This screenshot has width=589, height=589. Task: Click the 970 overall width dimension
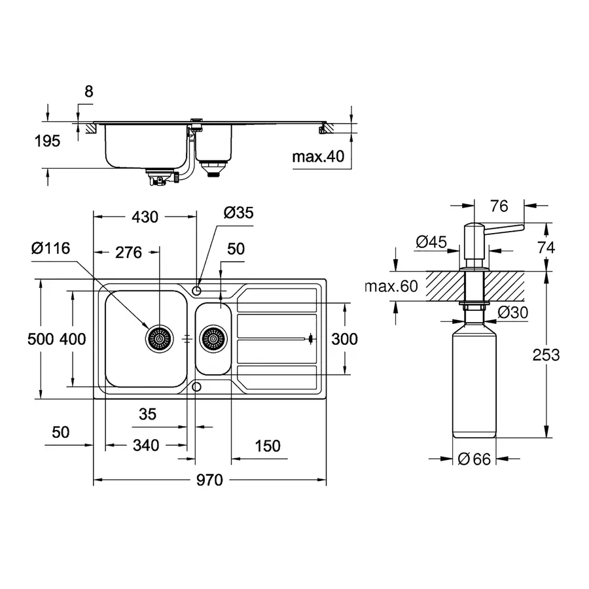pos(209,481)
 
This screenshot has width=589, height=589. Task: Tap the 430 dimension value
pos(145,217)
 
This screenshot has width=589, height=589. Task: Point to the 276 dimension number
pos(128,252)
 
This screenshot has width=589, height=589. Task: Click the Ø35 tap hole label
pos(238,213)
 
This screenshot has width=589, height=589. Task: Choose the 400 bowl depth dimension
pos(73,338)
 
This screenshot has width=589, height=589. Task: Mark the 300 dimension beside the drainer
pos(344,338)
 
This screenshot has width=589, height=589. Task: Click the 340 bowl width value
pos(145,446)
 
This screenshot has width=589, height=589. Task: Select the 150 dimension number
pos(267,446)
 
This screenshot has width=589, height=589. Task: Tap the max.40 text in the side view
pos(319,157)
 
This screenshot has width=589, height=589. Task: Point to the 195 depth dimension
pos(47,141)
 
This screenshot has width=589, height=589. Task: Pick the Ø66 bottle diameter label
pos(474,459)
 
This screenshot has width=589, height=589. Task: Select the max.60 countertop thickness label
pos(390,286)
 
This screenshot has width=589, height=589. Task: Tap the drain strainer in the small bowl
pos(213,338)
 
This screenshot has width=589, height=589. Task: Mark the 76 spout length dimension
pos(499,206)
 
